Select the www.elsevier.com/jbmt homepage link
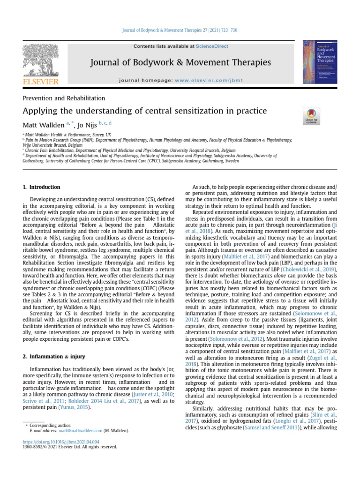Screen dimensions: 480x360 pos(209,80)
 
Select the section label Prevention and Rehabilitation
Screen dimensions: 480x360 pos(64,98)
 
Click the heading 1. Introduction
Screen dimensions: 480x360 pos(42,187)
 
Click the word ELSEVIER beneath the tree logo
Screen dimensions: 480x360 pos(41,82)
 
